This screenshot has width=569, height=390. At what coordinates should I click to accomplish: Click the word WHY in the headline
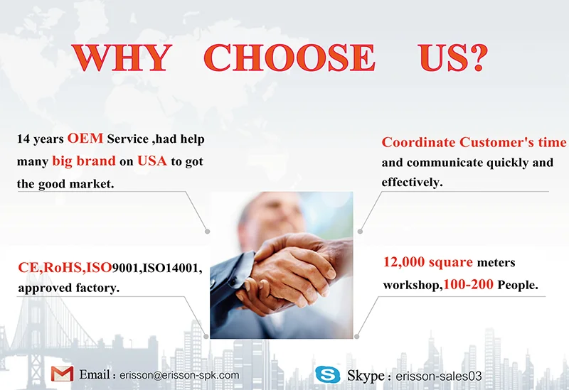click(x=121, y=58)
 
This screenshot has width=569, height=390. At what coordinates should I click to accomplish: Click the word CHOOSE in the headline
click(x=289, y=58)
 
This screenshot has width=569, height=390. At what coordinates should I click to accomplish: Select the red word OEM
click(x=85, y=139)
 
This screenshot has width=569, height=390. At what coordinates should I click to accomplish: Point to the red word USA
click(x=152, y=161)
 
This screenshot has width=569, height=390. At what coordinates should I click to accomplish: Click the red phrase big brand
click(x=84, y=161)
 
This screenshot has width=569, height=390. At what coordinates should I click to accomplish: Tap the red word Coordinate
click(x=418, y=142)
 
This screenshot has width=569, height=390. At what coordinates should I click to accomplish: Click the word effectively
click(x=413, y=182)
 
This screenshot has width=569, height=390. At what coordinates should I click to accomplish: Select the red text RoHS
click(x=63, y=268)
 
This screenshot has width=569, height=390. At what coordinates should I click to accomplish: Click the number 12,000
click(x=404, y=261)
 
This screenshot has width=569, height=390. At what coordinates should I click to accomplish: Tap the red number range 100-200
click(x=468, y=285)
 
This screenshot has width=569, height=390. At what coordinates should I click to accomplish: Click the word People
click(x=518, y=285)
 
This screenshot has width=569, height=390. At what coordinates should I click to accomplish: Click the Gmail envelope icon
click(x=62, y=374)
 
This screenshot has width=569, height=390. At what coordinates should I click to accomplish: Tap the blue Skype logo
click(x=327, y=375)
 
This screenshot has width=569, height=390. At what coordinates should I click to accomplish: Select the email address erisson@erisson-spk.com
click(x=179, y=375)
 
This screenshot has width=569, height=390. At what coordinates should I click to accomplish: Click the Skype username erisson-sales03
click(x=439, y=377)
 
